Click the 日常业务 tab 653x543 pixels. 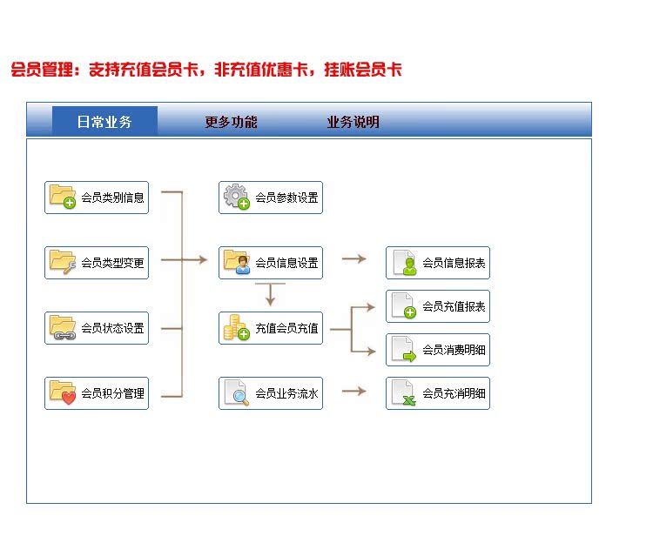[104, 121]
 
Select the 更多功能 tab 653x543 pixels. [231, 122]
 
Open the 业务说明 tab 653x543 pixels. [353, 122]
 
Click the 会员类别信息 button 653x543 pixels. [97, 198]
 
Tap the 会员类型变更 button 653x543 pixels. [97, 263]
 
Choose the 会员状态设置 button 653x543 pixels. [97, 328]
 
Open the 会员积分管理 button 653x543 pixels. [97, 393]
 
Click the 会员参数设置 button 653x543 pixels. [271, 198]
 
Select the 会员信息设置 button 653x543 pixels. [271, 263]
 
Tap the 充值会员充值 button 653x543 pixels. [271, 328]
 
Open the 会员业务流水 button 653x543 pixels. [271, 393]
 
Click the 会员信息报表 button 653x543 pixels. [438, 263]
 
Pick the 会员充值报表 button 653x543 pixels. [438, 306]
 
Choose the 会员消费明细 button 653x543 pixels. [438, 350]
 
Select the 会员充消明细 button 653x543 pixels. [438, 393]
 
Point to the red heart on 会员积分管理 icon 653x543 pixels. [69, 398]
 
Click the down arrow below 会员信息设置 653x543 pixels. [270, 294]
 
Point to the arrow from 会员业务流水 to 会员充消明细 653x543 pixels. [354, 391]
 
